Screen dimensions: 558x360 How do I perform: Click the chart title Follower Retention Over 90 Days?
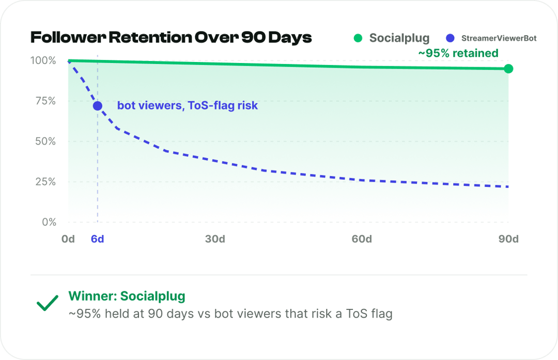pyautogui.click(x=171, y=38)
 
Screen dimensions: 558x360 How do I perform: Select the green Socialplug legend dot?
pyautogui.click(x=358, y=38)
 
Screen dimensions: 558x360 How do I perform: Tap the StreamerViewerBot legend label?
pyautogui.click(x=499, y=38)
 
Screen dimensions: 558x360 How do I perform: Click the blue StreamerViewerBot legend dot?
pyautogui.click(x=450, y=38)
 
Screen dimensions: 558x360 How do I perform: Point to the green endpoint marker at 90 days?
pyautogui.click(x=508, y=69)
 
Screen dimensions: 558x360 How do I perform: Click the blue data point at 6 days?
pyautogui.click(x=98, y=106)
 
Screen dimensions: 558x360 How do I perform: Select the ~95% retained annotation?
pyautogui.click(x=458, y=53)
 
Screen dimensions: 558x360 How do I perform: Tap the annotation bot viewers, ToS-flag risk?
pyautogui.click(x=188, y=106)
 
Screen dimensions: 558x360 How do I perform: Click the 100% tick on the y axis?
pyautogui.click(x=43, y=60)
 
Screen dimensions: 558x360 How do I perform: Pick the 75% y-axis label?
pyautogui.click(x=45, y=101)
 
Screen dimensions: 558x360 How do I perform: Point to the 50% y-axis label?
pyautogui.click(x=45, y=142)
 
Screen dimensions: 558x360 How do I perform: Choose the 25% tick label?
pyautogui.click(x=45, y=182)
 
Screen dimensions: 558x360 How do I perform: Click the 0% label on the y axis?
pyautogui.click(x=49, y=222)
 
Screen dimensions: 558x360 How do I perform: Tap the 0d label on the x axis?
pyautogui.click(x=68, y=239)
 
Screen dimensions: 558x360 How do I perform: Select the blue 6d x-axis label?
pyautogui.click(x=98, y=239)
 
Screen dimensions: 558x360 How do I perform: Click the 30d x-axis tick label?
pyautogui.click(x=215, y=239)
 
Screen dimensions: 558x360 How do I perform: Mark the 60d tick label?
pyautogui.click(x=362, y=239)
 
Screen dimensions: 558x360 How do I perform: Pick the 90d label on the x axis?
pyautogui.click(x=508, y=239)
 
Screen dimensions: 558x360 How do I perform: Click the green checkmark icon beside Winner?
pyautogui.click(x=48, y=303)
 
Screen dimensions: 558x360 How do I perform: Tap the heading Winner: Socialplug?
pyautogui.click(x=127, y=296)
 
